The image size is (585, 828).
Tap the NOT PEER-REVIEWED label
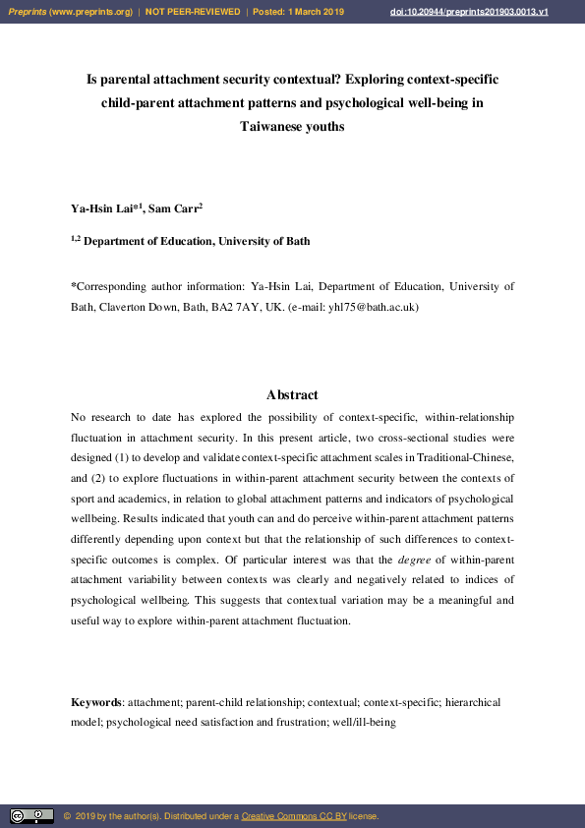[x=193, y=11]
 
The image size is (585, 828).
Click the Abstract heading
[x=292, y=394]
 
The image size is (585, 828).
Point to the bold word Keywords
[x=96, y=703]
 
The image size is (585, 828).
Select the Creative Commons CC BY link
[x=294, y=816]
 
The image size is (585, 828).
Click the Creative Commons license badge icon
[x=31, y=816]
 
